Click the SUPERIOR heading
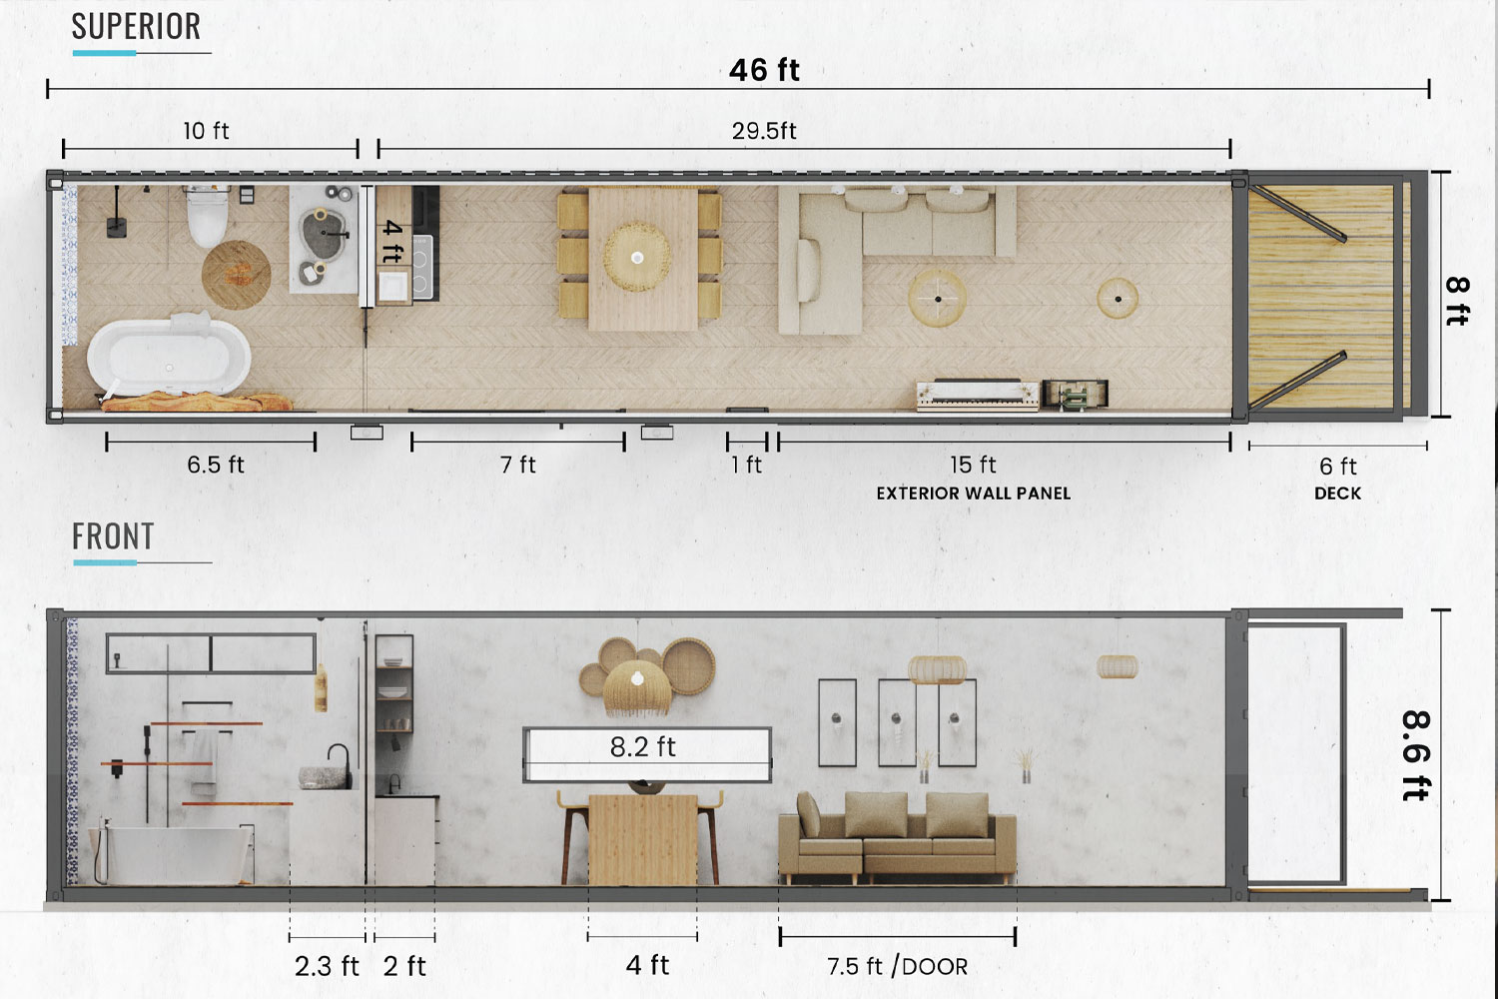pyautogui.click(x=136, y=27)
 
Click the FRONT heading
pyautogui.click(x=113, y=536)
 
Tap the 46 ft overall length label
pyautogui.click(x=764, y=70)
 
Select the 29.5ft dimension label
pyautogui.click(x=764, y=131)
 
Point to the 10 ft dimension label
pyautogui.click(x=206, y=131)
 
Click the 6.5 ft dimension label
pyautogui.click(x=216, y=465)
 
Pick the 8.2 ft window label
pyautogui.click(x=643, y=746)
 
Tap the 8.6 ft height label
pyautogui.click(x=1415, y=755)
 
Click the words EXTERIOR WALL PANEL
pyautogui.click(x=973, y=494)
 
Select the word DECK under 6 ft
pyautogui.click(x=1337, y=494)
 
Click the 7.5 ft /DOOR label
pyautogui.click(x=898, y=966)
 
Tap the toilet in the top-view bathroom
pyautogui.click(x=208, y=216)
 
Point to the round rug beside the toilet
pyautogui.click(x=236, y=275)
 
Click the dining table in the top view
pyautogui.click(x=643, y=259)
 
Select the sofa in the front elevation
pyautogui.click(x=897, y=837)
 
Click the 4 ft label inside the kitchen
pyautogui.click(x=393, y=242)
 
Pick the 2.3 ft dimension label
pyautogui.click(x=327, y=966)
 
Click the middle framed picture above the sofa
pyautogui.click(x=897, y=722)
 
